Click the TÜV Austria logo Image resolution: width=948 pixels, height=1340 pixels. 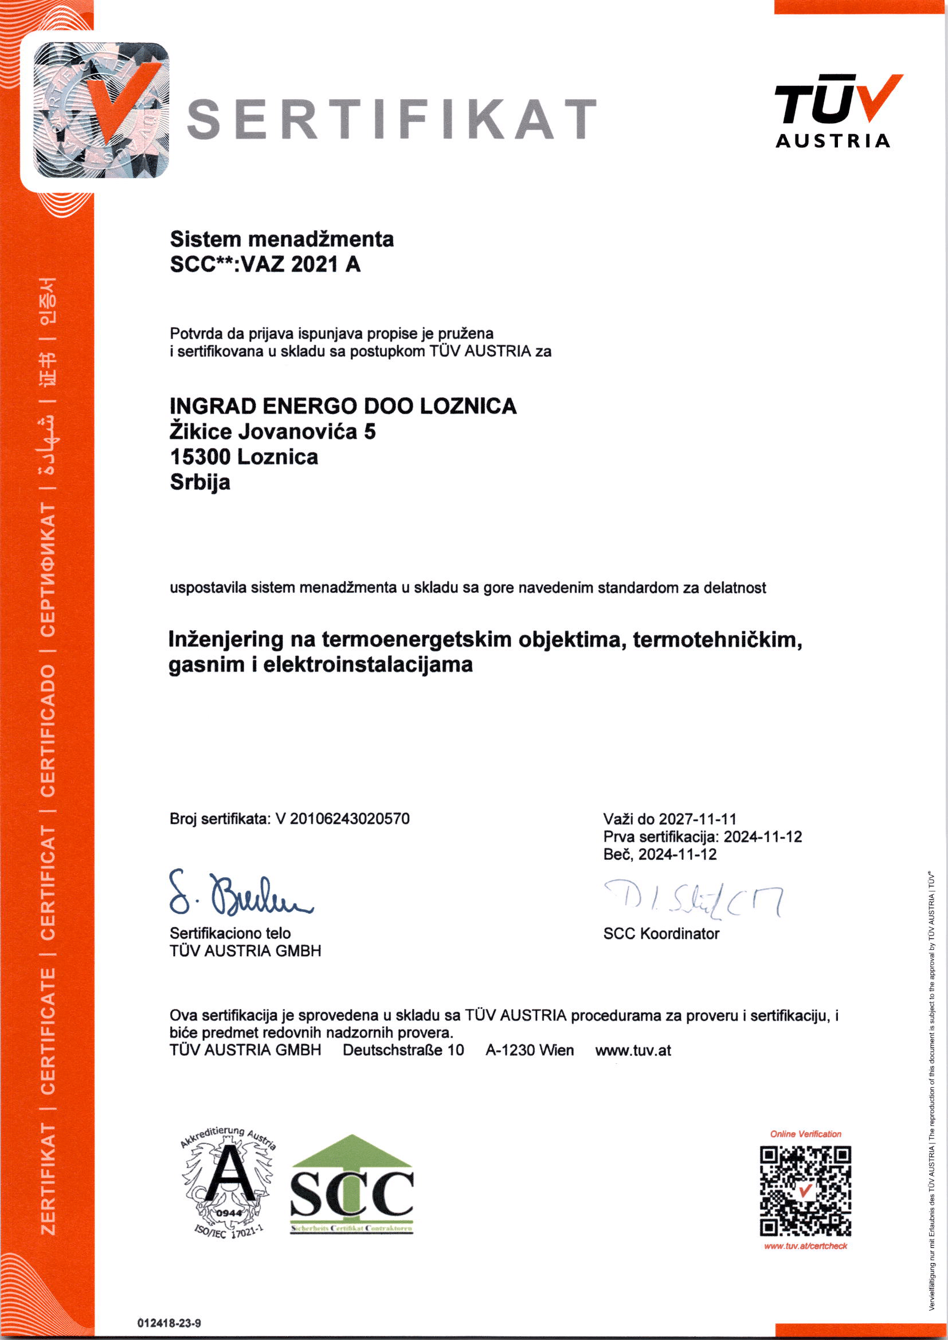pyautogui.click(x=833, y=112)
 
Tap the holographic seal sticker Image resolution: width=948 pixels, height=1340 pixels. pyautogui.click(x=101, y=111)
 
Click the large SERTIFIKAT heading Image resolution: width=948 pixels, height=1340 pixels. pyautogui.click(x=391, y=120)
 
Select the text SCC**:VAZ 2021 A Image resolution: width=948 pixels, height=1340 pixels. pyautogui.click(x=265, y=265)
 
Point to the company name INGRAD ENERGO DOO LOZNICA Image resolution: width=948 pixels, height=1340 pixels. pyautogui.click(x=343, y=406)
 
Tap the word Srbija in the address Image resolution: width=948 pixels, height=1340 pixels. pyautogui.click(x=199, y=482)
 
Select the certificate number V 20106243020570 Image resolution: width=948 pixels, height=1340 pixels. pyautogui.click(x=343, y=819)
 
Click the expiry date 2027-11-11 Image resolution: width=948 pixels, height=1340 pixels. pyautogui.click(x=698, y=819)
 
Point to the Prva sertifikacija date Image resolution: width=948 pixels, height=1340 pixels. pyautogui.click(x=762, y=836)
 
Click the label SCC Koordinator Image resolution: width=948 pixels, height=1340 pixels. pyautogui.click(x=661, y=934)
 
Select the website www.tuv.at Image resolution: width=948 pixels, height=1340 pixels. pyautogui.click(x=633, y=1051)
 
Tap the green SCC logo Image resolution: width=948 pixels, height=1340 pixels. pyautogui.click(x=351, y=1185)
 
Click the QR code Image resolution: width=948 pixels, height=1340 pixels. pyautogui.click(x=805, y=1190)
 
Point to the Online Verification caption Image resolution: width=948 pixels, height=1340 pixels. pyautogui.click(x=805, y=1134)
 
